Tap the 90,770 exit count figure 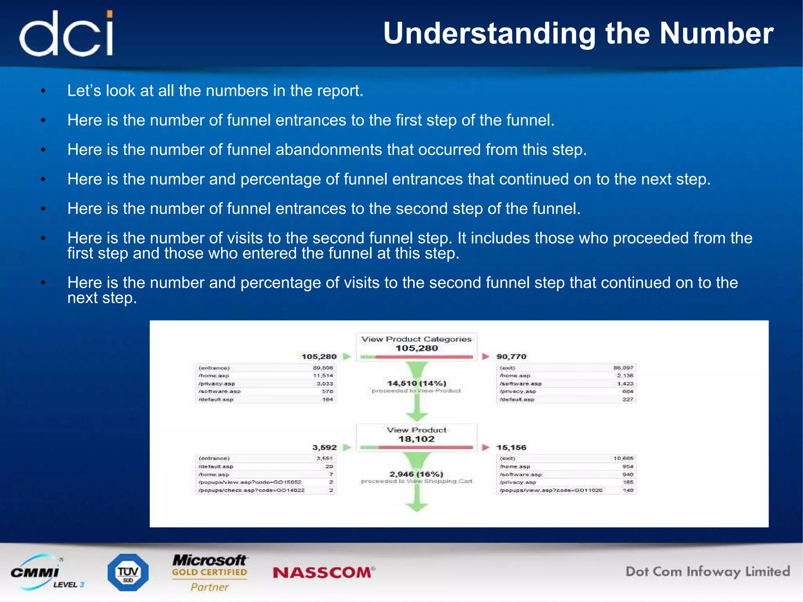(511, 356)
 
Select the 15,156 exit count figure (511, 447)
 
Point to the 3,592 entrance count (324, 447)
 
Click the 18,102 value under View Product (416, 439)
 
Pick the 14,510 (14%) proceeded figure (416, 383)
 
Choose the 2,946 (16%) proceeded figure (416, 474)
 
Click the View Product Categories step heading (416, 339)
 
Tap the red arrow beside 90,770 (486, 356)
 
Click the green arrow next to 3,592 (347, 447)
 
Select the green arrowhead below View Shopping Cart (416, 507)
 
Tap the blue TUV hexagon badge (128, 572)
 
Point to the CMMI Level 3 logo (45, 573)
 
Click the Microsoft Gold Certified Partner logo (210, 573)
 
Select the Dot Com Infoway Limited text (707, 572)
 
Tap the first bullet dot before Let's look (44, 91)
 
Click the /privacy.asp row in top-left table (265, 384)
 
